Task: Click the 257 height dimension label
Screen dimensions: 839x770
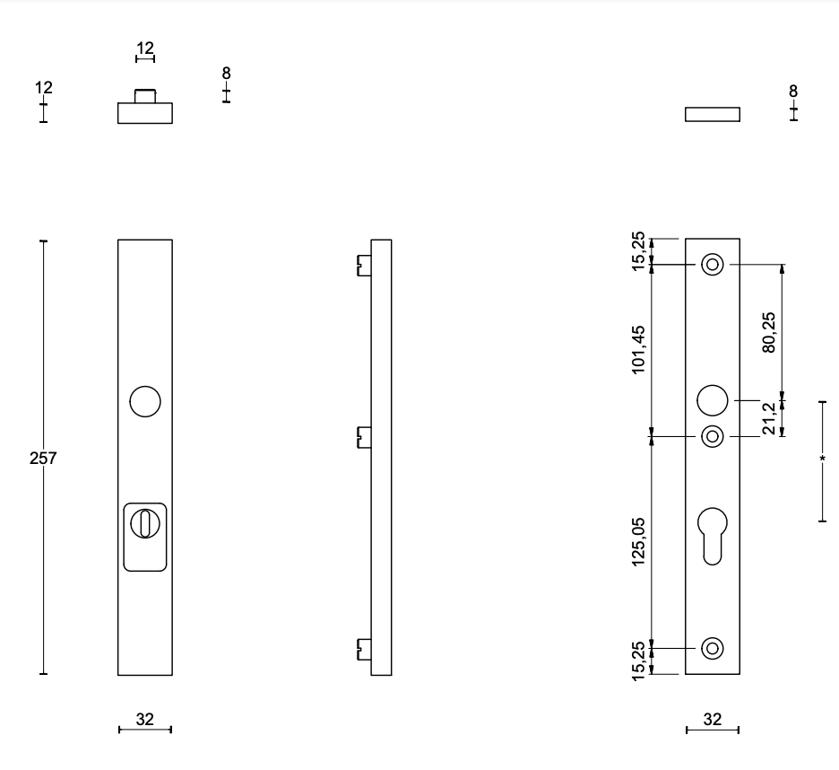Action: (43, 459)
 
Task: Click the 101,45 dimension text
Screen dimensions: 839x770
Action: (638, 350)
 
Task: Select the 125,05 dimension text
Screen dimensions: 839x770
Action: (638, 542)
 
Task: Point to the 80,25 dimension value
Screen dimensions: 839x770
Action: (768, 332)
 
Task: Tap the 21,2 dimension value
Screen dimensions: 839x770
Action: (768, 418)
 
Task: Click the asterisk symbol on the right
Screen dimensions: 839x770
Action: (822, 459)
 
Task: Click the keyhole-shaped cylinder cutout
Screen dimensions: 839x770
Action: (713, 536)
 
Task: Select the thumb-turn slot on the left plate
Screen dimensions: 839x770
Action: (145, 523)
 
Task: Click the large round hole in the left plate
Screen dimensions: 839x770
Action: (145, 401)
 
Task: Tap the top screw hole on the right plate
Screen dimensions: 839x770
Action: (713, 265)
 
